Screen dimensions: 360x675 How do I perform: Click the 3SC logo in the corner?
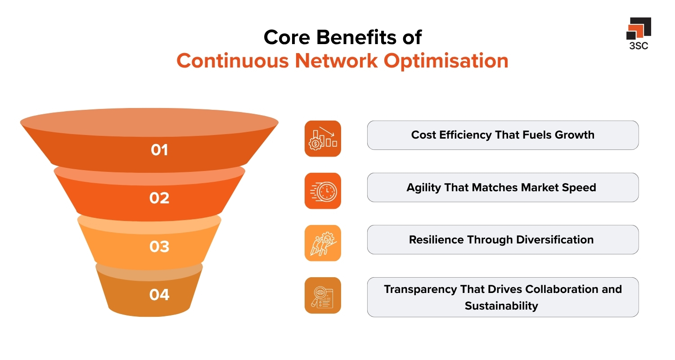coord(638,34)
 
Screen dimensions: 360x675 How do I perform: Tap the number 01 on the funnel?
coord(159,150)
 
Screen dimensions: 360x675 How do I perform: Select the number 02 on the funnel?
coord(159,198)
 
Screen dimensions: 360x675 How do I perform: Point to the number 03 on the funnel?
coord(159,247)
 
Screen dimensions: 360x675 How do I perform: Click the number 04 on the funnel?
coord(159,295)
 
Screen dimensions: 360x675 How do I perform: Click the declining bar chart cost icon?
coord(323,139)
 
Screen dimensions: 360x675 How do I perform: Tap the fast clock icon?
coord(323,191)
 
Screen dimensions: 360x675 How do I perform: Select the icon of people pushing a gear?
coord(323,243)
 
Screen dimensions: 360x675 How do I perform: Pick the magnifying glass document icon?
coord(323,295)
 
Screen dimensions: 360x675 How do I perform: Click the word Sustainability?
coord(501,306)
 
